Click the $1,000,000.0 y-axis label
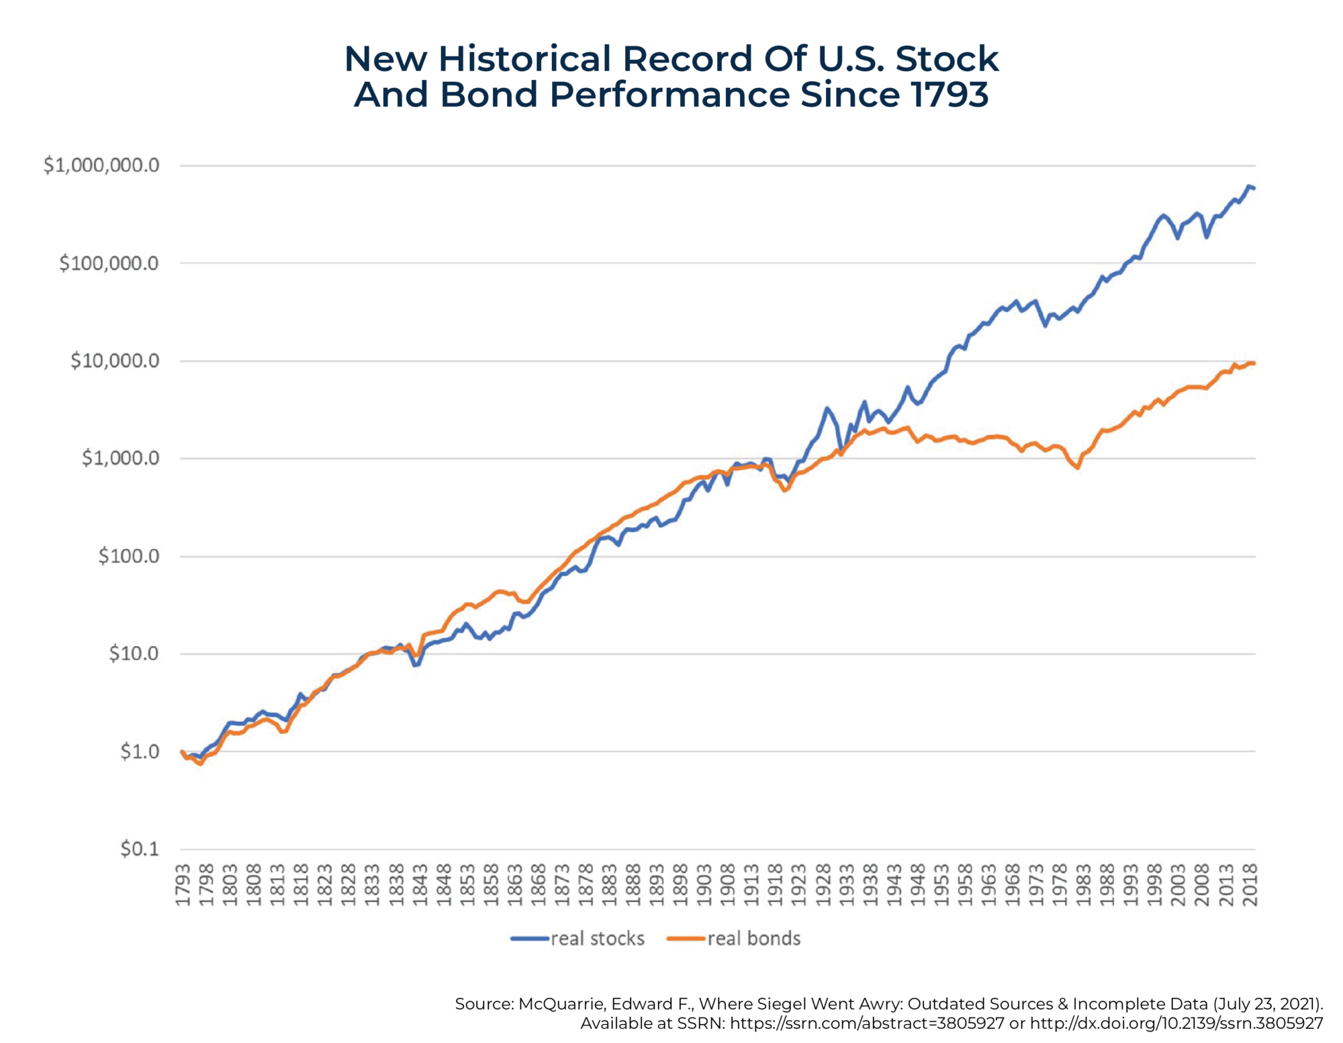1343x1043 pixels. (x=101, y=165)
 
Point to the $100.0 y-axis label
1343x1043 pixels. (x=129, y=556)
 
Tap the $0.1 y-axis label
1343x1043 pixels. (x=140, y=849)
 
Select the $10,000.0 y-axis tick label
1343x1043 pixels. (x=115, y=361)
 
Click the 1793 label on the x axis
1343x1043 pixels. (x=183, y=885)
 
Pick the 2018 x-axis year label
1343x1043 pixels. (x=1250, y=885)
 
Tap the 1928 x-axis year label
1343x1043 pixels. (x=823, y=885)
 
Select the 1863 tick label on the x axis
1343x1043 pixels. (x=515, y=885)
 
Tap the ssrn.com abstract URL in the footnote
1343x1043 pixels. (x=867, y=1024)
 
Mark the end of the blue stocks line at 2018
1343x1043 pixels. (x=1254, y=189)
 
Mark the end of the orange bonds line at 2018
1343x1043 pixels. (x=1254, y=363)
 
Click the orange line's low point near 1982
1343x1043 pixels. (x=1078, y=467)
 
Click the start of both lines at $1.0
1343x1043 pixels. (x=182, y=752)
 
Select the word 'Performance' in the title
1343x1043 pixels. (x=669, y=94)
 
